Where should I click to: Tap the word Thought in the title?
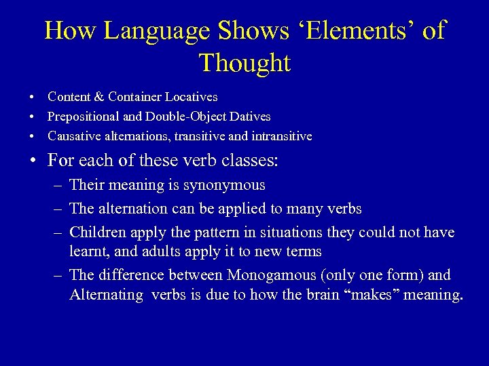pos(244,63)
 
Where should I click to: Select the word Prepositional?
pos(82,117)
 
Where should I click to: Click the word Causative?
pos(72,136)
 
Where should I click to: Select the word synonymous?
pos(225,184)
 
